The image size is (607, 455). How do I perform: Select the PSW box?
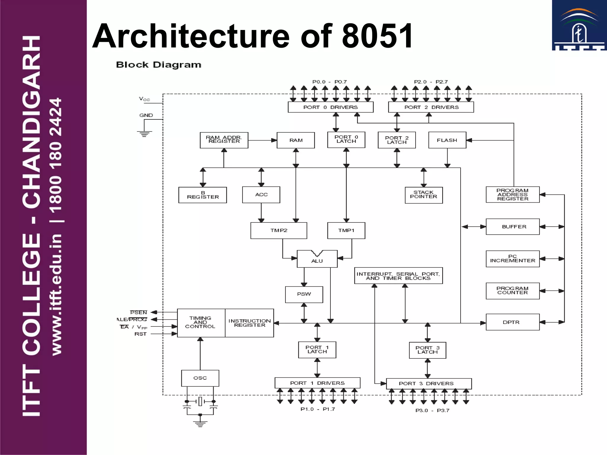(304, 294)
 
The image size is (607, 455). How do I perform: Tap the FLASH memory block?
(447, 140)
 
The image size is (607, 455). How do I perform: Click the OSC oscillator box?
(200, 378)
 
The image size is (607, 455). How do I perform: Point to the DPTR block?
(512, 322)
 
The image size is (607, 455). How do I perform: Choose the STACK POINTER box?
(424, 195)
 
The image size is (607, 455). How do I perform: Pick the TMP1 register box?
(346, 230)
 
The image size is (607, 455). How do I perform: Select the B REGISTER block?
(202, 195)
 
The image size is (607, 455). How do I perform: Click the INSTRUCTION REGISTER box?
(249, 323)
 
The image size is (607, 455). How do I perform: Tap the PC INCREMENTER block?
(512, 259)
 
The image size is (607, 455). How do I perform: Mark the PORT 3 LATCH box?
(427, 350)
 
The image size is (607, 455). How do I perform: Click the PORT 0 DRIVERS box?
(330, 107)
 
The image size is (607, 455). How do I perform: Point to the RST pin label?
(140, 334)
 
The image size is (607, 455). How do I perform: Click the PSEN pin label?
(138, 313)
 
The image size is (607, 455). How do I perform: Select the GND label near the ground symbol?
(146, 115)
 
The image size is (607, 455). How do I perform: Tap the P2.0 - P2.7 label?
(431, 82)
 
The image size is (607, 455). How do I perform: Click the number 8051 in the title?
(377, 36)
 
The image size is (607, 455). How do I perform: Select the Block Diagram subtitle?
(159, 65)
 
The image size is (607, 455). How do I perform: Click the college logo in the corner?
(579, 25)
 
